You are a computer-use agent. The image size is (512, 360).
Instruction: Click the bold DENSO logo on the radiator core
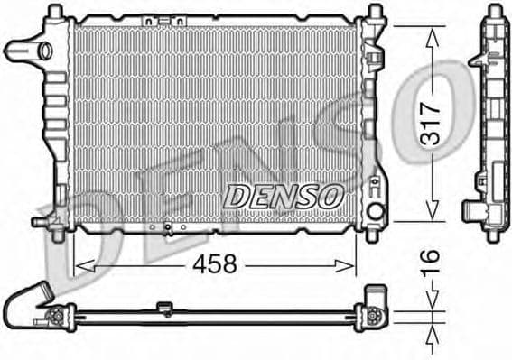tap(282, 193)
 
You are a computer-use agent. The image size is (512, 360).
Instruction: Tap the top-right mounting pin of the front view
tap(372, 12)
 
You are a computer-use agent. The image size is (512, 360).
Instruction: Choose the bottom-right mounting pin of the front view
tap(373, 235)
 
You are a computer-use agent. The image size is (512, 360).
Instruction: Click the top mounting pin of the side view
tap(493, 13)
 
